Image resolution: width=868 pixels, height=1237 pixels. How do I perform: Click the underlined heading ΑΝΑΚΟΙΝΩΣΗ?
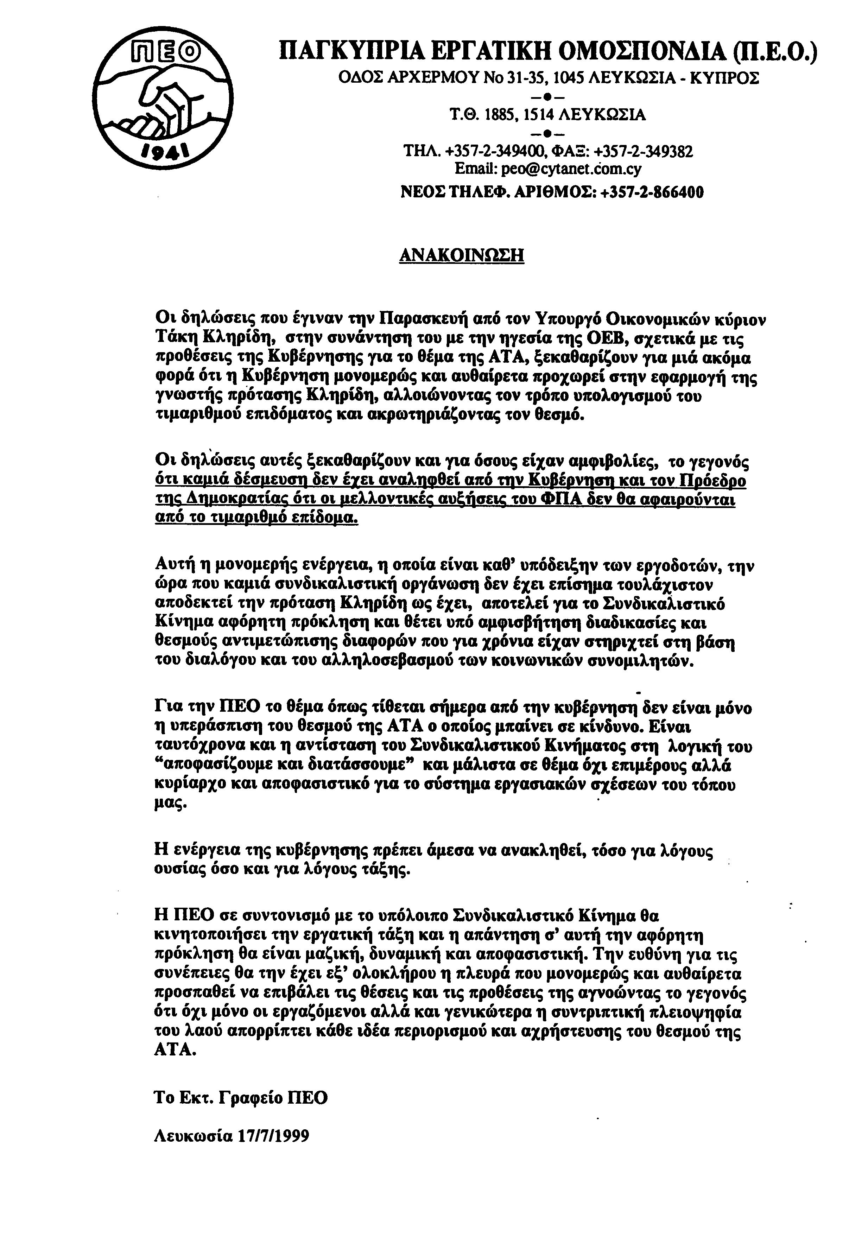pyautogui.click(x=461, y=254)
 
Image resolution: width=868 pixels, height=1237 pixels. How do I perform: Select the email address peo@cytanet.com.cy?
pyautogui.click(x=571, y=169)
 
